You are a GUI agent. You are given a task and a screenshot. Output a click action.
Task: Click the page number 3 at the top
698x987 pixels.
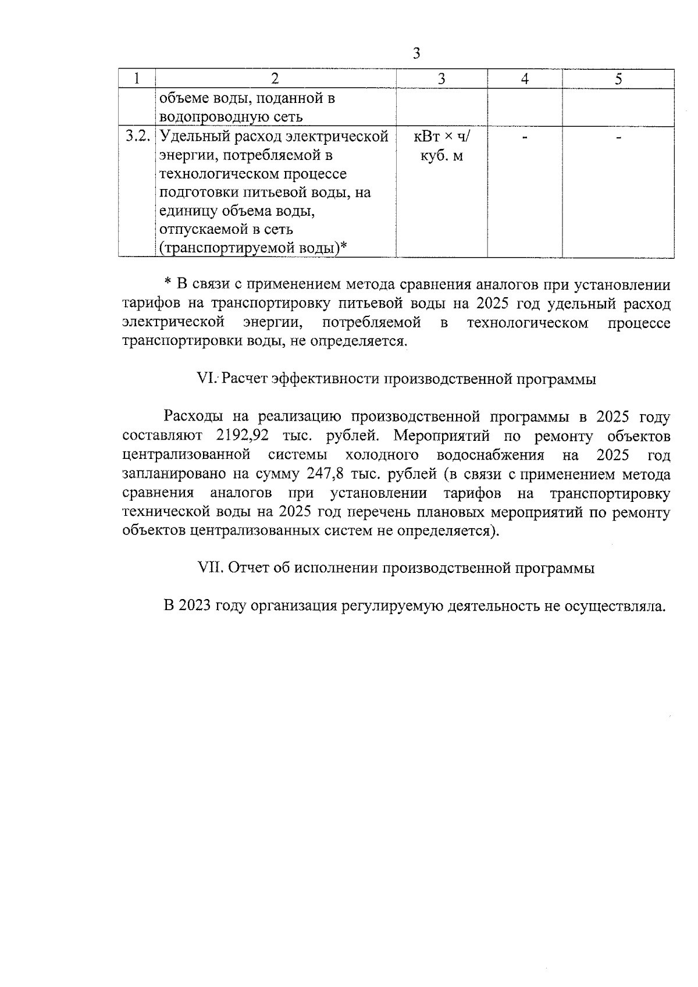pyautogui.click(x=416, y=54)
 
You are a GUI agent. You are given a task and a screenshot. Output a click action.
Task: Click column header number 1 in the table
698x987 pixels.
pyautogui.click(x=136, y=79)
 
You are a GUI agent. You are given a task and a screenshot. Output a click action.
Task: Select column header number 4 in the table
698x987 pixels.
pyautogui.click(x=525, y=79)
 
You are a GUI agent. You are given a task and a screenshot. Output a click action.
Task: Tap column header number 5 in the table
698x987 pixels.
pyautogui.click(x=618, y=79)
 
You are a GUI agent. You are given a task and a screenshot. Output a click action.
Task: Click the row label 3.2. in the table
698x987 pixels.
pyautogui.click(x=138, y=137)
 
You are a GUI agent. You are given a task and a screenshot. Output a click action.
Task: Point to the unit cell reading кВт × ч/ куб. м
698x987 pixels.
pyautogui.click(x=441, y=147)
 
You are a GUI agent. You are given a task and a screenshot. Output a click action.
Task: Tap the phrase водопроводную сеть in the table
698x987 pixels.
pyautogui.click(x=231, y=117)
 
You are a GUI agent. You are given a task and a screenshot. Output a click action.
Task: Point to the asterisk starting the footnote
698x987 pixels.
pyautogui.click(x=168, y=284)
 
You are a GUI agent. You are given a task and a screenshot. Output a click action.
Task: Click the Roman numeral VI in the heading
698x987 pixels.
pyautogui.click(x=207, y=379)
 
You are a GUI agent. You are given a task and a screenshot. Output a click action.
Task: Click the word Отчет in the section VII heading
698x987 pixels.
pyautogui.click(x=248, y=568)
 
